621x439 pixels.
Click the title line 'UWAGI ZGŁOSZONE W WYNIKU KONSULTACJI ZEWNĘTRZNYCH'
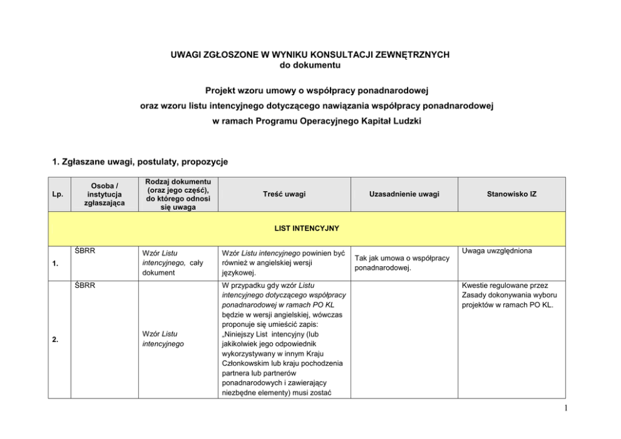tap(310, 55)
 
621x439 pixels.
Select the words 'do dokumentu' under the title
tap(310, 65)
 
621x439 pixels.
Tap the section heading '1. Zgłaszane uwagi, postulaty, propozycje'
tap(140, 162)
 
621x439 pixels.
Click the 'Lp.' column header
tap(58, 194)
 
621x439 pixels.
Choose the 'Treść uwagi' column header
tap(284, 194)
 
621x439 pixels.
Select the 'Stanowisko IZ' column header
tap(512, 194)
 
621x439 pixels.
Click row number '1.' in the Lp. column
tap(57, 263)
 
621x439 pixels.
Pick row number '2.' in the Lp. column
tap(57, 339)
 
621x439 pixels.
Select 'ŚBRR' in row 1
tap(83, 250)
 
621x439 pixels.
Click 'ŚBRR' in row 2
tap(83, 286)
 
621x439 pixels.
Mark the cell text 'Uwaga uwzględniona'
tap(496, 251)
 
